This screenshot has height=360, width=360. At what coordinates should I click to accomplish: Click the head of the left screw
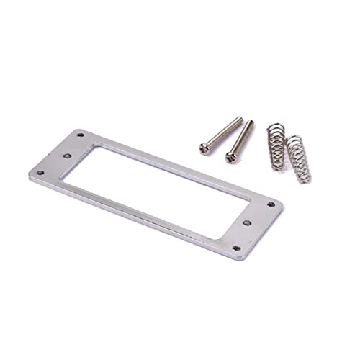coord(204,147)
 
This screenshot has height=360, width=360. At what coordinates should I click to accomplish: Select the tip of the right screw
coord(251,122)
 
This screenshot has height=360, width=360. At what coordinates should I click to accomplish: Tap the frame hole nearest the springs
coord(271,205)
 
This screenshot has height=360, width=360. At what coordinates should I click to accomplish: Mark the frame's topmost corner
coord(79,130)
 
